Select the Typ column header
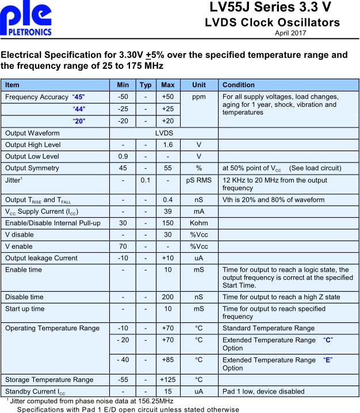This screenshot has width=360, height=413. coord(146,85)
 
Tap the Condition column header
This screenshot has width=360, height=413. coord(239,85)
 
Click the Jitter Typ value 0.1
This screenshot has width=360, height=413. coord(146,180)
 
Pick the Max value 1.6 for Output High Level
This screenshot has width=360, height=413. coord(168,144)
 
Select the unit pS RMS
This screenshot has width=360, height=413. coord(199,180)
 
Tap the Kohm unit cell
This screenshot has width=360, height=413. coord(199,223)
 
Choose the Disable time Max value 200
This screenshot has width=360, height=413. coord(168,297)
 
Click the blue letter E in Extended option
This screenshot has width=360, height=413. coord(328,359)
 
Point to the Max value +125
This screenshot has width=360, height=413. coord(168,380)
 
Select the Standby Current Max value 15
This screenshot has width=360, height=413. coord(168,391)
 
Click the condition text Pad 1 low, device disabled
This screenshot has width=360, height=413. coord(263,391)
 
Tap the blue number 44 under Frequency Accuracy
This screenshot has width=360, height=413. coord(79,109)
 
